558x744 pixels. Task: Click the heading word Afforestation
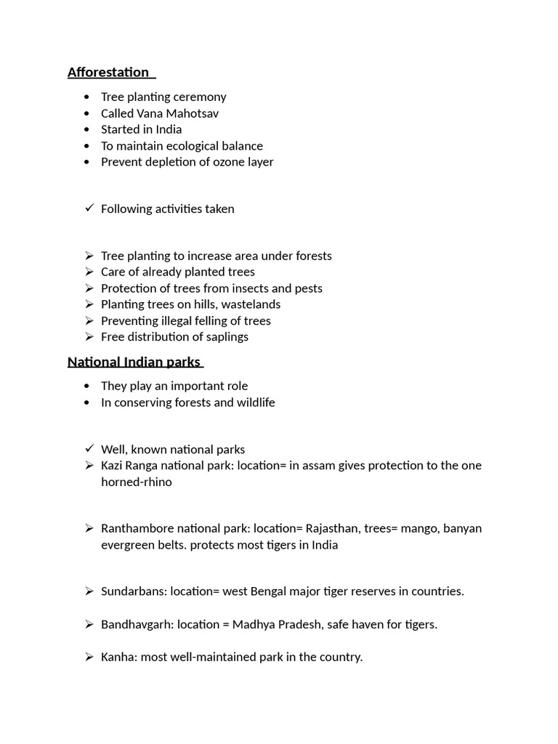point(108,72)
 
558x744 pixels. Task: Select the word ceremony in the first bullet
point(200,97)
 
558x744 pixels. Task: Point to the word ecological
point(187,145)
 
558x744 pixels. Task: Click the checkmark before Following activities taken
point(89,209)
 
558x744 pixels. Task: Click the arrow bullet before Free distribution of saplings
point(89,336)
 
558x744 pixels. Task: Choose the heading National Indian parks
point(134,361)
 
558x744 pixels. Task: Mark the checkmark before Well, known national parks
point(89,449)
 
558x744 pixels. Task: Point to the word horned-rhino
point(137,482)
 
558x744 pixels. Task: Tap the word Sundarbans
point(134,591)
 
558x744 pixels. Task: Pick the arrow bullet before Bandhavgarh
point(89,624)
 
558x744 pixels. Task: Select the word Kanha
point(118,657)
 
